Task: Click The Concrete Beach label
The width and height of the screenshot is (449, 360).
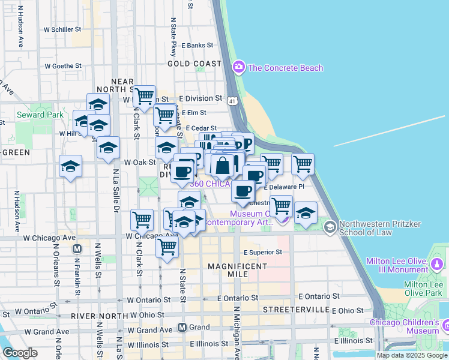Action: point(285,68)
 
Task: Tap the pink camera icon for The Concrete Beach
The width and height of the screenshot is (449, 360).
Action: point(239,67)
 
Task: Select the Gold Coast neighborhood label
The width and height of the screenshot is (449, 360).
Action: point(194,63)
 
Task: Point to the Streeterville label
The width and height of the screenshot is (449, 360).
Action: point(297,310)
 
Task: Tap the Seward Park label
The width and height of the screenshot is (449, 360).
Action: point(40,114)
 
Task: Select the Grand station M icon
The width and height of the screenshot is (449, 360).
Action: point(182,328)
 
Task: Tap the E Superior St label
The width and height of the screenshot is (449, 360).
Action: point(262,252)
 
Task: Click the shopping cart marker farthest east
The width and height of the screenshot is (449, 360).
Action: point(303,163)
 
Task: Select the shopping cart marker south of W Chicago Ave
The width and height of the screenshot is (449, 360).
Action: point(166,246)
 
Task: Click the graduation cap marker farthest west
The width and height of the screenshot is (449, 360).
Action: point(70,166)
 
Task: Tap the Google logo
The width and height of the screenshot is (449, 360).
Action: point(20,353)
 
